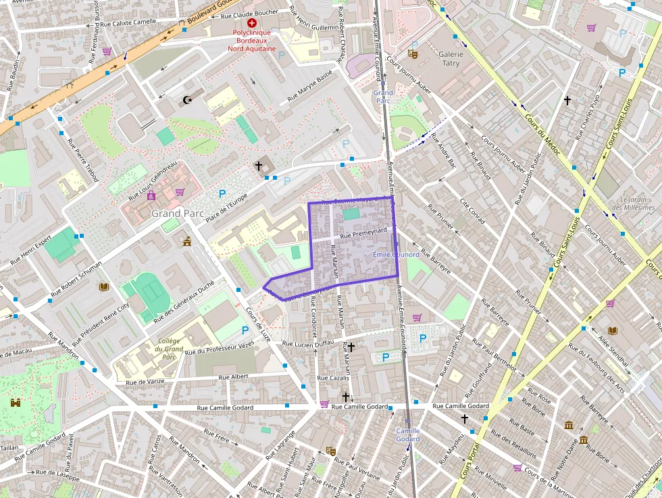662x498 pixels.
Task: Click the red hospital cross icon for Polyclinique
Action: [252, 22]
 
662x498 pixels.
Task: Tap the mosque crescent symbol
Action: [187, 100]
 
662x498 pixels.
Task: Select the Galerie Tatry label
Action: [451, 59]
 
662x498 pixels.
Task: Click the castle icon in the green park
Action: [15, 403]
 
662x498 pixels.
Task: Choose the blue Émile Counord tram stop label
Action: [396, 255]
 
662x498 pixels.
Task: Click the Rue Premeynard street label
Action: [363, 231]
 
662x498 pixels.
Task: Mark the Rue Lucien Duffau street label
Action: [308, 344]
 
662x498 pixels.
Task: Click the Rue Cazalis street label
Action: [332, 378]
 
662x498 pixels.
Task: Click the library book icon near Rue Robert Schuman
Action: [103, 287]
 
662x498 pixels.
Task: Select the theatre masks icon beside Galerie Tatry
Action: [413, 53]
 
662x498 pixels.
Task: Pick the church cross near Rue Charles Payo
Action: [567, 101]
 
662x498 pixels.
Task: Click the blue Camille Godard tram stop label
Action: [407, 434]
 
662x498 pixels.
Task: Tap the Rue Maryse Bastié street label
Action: [310, 85]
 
